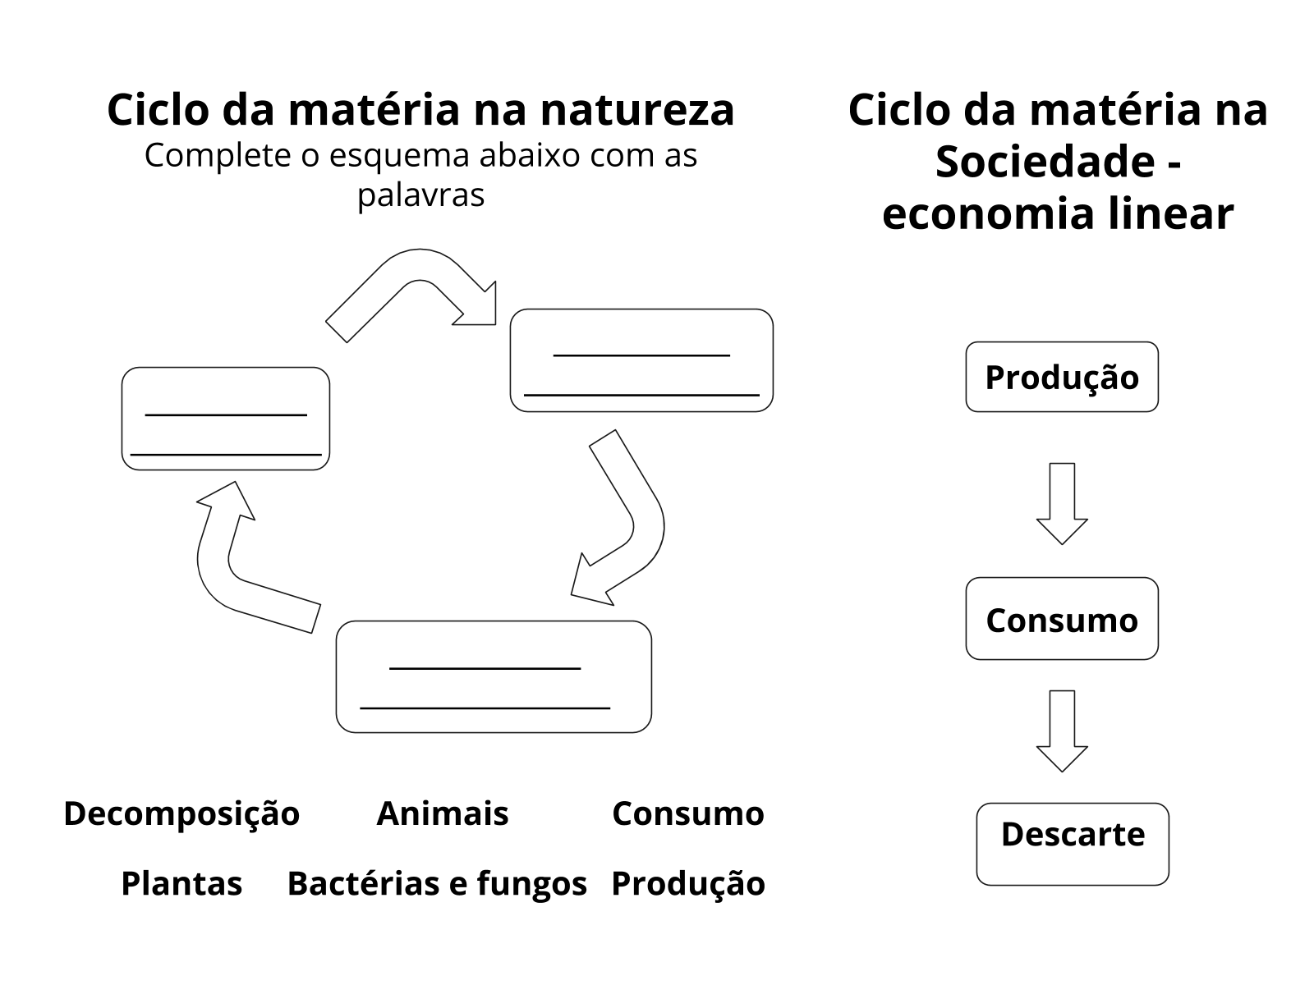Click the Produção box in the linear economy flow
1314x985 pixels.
[1062, 377]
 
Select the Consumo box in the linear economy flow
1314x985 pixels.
[1062, 619]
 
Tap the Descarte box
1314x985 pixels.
[1073, 844]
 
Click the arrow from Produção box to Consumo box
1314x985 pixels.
[1062, 502]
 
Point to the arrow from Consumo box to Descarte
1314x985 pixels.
[1062, 730]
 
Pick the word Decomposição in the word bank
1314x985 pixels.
[181, 813]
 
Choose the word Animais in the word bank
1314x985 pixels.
[443, 813]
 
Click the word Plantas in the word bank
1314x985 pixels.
[181, 883]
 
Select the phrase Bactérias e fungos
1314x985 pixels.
[437, 883]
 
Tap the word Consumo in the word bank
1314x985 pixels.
[688, 813]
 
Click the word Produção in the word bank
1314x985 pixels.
[688, 883]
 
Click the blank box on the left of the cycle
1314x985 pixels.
[226, 419]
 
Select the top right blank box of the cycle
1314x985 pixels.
[641, 360]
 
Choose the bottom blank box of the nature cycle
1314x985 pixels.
[494, 676]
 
